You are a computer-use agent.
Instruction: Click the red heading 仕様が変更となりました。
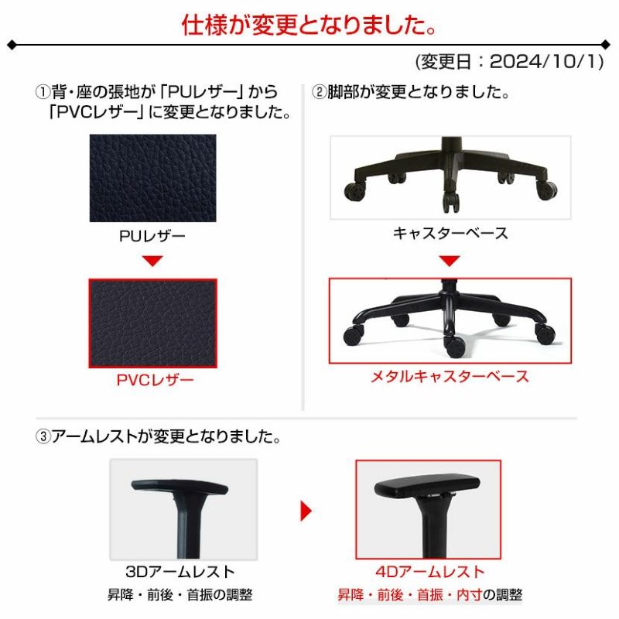[x=309, y=26]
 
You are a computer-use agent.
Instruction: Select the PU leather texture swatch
[x=152, y=178]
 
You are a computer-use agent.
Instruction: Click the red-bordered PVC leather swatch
[x=152, y=323]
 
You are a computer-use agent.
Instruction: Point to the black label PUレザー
[x=152, y=236]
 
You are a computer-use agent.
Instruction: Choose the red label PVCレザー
[x=156, y=380]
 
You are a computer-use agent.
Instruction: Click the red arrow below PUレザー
[x=152, y=261]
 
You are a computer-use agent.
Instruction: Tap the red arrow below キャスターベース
[x=450, y=261]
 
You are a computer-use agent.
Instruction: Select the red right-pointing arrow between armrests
[x=306, y=511]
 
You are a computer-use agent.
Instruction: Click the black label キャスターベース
[x=450, y=234]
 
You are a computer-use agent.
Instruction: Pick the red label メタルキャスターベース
[x=450, y=376]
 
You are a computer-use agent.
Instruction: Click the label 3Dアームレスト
[x=180, y=572]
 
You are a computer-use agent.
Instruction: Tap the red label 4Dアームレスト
[x=430, y=572]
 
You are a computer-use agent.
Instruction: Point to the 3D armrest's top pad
[x=180, y=487]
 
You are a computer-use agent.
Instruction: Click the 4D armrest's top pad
[x=427, y=487]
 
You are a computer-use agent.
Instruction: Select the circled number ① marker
[x=43, y=92]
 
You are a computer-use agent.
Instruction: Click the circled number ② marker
[x=320, y=92]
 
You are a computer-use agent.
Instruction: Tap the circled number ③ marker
[x=43, y=436]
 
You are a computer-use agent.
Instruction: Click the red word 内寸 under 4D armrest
[x=470, y=594]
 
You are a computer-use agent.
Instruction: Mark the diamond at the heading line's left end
[x=12, y=45]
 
